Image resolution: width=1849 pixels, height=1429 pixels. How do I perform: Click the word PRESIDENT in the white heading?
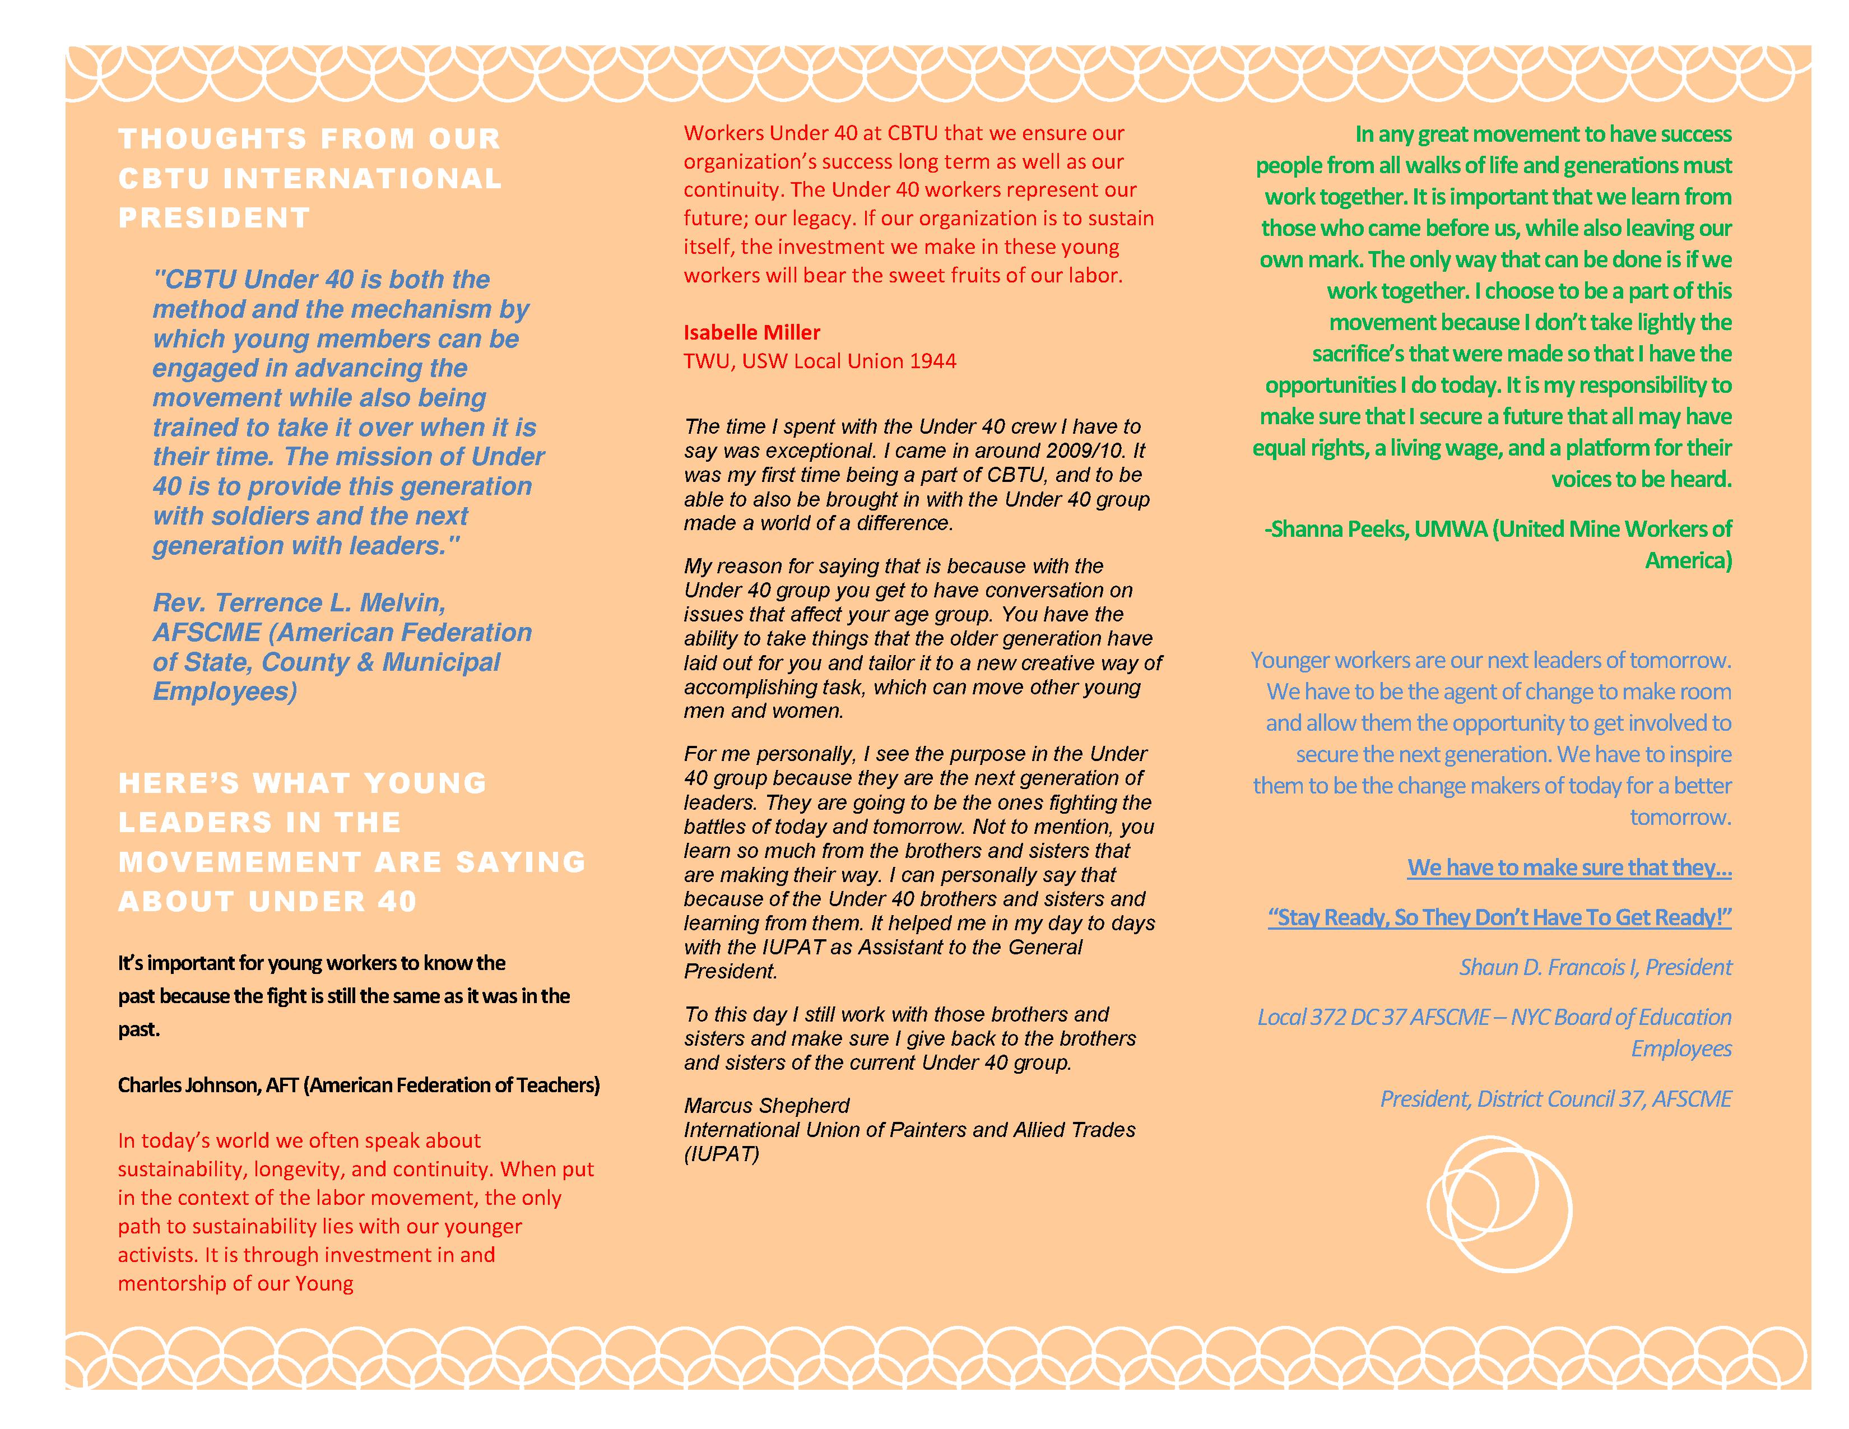(214, 219)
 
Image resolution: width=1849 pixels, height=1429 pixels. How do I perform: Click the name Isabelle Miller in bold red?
(752, 333)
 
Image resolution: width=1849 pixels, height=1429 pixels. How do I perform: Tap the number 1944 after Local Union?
(933, 361)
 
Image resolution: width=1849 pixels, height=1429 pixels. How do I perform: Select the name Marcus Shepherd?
(766, 1106)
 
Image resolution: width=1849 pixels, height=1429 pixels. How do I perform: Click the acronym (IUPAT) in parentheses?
(721, 1154)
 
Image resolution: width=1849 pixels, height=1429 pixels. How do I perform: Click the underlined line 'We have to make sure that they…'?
(1569, 867)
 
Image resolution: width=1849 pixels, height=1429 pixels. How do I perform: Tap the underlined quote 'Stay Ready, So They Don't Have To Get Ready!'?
(1499, 918)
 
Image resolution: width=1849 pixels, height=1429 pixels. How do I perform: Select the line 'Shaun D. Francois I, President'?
(1595, 968)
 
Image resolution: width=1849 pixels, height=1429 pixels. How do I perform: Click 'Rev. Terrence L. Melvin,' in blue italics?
(299, 603)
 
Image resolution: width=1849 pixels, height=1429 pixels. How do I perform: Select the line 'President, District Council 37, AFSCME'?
(1555, 1099)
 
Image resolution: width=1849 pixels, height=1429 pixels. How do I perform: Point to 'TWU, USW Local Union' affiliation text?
(793, 361)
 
